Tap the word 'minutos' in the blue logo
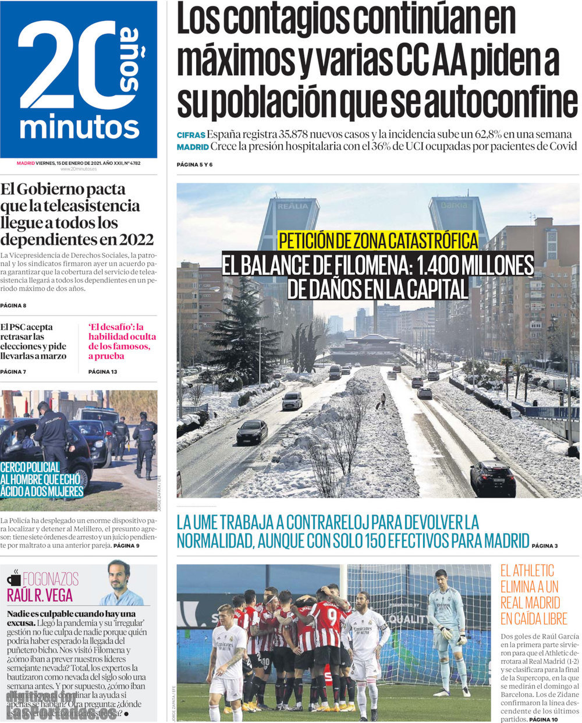[80, 127]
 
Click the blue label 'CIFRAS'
[191, 135]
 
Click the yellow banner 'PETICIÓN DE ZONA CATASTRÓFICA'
[378, 240]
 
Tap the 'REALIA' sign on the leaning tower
[293, 206]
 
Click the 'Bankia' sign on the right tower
[454, 205]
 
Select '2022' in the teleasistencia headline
[136, 239]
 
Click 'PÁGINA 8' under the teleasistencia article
[13, 306]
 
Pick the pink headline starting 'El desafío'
[122, 341]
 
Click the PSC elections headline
[34, 341]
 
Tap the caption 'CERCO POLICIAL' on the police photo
[30, 467]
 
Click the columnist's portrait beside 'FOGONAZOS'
[120, 583]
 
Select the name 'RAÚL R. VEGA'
[40, 596]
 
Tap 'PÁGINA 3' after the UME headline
[545, 546]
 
